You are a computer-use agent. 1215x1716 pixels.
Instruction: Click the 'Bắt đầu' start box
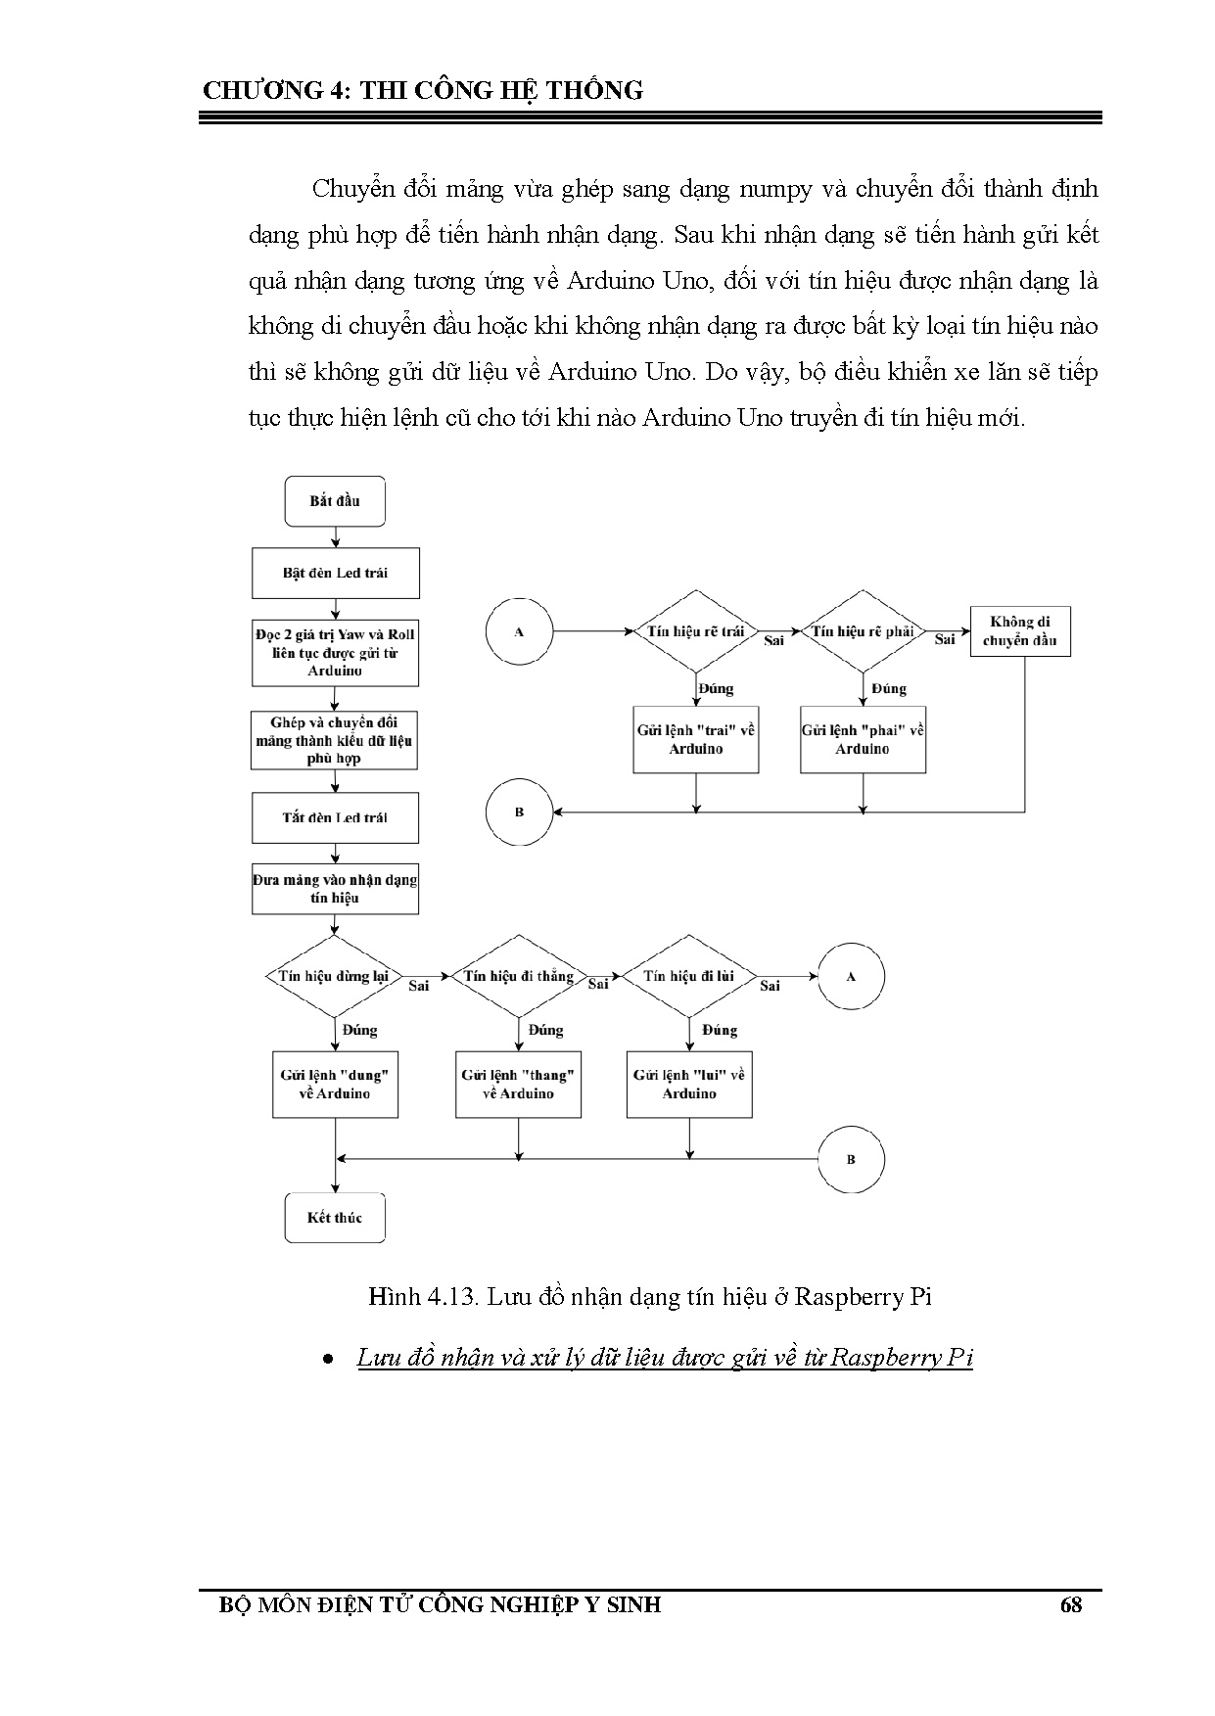(335, 501)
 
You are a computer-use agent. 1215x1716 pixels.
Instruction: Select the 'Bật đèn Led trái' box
(335, 573)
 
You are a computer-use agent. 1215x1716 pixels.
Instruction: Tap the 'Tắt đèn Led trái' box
(335, 817)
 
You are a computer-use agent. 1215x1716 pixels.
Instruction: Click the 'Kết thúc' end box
(335, 1218)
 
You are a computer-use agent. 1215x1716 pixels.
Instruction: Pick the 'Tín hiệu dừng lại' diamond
(335, 976)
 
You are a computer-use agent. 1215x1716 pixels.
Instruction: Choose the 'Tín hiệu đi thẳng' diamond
(518, 976)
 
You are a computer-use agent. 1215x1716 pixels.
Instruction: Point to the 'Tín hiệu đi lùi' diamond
(690, 976)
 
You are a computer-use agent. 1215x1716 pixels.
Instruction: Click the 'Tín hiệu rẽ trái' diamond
(696, 631)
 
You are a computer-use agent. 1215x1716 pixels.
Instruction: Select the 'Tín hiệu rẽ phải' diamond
(863, 631)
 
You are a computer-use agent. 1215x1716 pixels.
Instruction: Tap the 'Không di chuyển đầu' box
(1019, 631)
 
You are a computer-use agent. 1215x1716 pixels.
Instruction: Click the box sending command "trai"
(696, 739)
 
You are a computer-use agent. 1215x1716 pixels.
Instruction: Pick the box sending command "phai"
(863, 739)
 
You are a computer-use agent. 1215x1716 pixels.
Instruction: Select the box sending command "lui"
(689, 1084)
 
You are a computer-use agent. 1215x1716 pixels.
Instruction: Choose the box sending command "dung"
(335, 1084)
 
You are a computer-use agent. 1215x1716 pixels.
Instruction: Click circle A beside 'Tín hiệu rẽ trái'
(519, 631)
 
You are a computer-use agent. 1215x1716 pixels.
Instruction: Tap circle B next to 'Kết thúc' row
(851, 1159)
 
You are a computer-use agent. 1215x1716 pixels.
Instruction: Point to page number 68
(1070, 1604)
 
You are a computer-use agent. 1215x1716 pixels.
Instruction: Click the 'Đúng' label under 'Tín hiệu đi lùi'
(720, 1030)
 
